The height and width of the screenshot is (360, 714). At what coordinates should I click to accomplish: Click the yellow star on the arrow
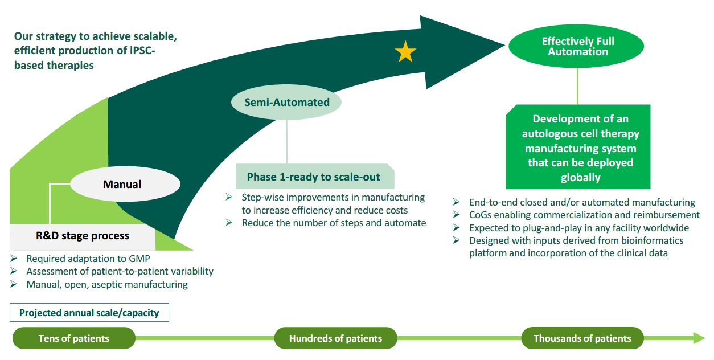[405, 52]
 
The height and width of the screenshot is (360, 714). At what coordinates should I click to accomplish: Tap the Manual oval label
[125, 184]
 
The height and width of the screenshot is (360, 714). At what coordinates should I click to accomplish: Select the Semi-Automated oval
[286, 102]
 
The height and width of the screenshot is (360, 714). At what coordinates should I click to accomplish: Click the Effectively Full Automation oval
[576, 46]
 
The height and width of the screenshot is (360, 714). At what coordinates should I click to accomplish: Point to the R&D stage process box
[83, 236]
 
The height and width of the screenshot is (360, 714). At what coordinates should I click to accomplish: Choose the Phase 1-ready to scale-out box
[315, 177]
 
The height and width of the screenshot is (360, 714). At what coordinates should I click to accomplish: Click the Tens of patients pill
[74, 338]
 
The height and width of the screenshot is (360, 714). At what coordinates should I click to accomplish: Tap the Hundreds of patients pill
[335, 338]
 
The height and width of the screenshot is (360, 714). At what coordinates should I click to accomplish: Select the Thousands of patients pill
[582, 338]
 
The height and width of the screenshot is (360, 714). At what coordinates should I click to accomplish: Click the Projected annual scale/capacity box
[89, 313]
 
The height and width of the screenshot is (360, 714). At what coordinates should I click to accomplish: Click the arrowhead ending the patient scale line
[699, 338]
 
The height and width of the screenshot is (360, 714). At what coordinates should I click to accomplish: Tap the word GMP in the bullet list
[139, 259]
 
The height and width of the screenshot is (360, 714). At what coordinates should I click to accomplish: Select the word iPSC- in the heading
[141, 50]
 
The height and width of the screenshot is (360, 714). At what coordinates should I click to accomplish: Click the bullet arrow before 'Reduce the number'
[229, 222]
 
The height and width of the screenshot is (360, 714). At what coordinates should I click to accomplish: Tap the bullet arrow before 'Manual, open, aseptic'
[14, 284]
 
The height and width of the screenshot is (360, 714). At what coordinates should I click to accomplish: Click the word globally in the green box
[580, 178]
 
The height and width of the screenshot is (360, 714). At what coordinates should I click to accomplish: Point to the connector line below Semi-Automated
[286, 142]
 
